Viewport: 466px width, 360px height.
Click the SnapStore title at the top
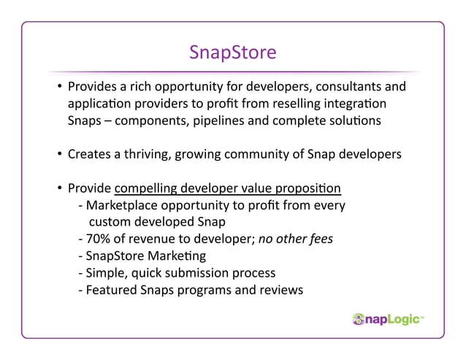pos(232,53)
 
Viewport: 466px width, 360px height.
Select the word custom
pos(110,223)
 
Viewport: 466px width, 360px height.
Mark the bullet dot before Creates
pos(58,156)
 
